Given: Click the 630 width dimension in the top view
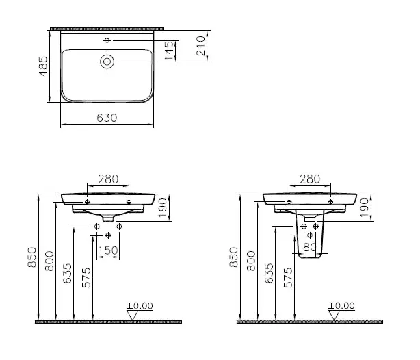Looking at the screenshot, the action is tap(107, 118).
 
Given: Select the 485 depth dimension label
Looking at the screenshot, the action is tap(43, 66).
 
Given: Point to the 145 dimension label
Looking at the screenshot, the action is tap(169, 51).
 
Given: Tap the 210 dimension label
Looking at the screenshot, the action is tap(200, 46).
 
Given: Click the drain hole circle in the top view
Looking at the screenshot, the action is tap(107, 62).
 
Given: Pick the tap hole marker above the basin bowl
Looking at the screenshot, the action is tap(107, 40).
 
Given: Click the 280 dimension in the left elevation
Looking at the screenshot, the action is tap(108, 179).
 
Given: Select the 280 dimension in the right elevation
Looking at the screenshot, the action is tap(310, 179).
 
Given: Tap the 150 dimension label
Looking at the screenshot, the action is tap(108, 250).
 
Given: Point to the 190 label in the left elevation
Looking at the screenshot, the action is tap(163, 208).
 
